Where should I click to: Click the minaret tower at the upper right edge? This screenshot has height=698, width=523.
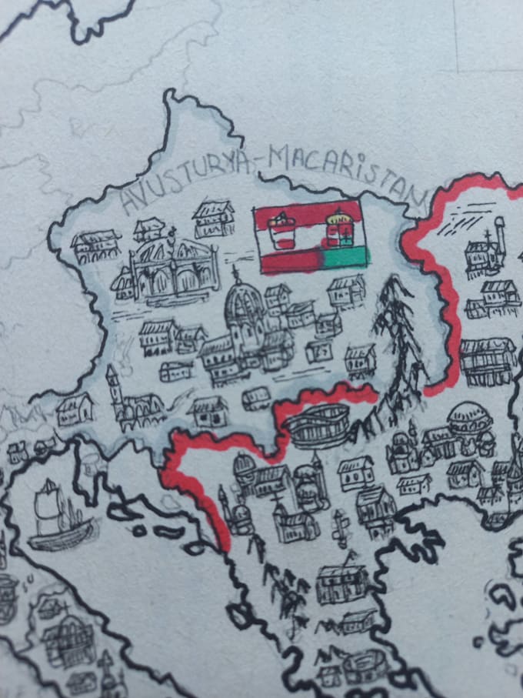499,235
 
